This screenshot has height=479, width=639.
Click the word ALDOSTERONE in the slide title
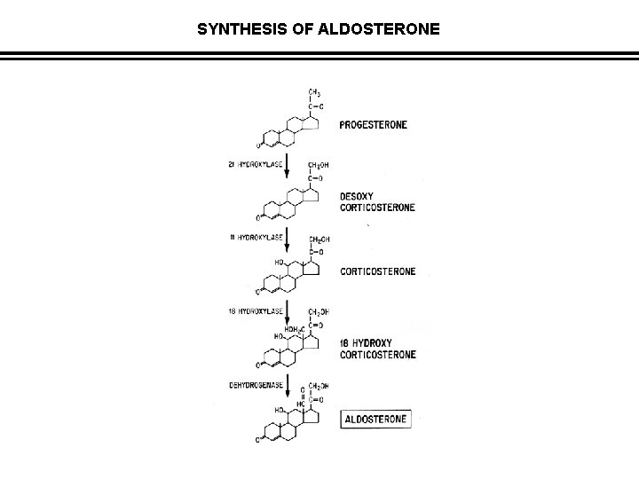(x=384, y=29)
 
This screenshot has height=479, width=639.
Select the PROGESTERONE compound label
(x=374, y=125)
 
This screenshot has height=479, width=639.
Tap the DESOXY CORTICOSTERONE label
(x=377, y=201)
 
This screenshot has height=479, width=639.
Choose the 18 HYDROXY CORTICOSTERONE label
(x=378, y=347)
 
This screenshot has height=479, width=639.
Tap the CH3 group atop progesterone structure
(x=315, y=91)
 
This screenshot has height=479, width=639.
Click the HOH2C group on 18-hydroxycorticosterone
(x=295, y=328)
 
